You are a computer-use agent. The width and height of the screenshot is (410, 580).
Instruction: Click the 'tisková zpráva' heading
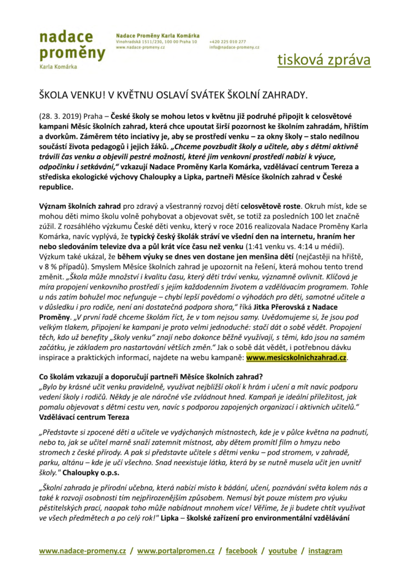(x=324, y=61)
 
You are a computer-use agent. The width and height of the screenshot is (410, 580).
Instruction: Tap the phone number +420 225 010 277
(x=227, y=42)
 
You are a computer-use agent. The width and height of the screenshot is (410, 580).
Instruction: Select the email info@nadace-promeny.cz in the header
(x=234, y=48)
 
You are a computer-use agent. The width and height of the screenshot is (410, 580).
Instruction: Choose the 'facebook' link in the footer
(x=241, y=551)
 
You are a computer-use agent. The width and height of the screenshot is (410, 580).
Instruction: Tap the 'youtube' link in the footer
(x=283, y=551)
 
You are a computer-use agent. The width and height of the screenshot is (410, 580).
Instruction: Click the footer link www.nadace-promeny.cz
(x=82, y=551)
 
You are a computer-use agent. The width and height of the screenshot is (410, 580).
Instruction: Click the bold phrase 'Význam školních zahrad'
(x=76, y=199)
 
